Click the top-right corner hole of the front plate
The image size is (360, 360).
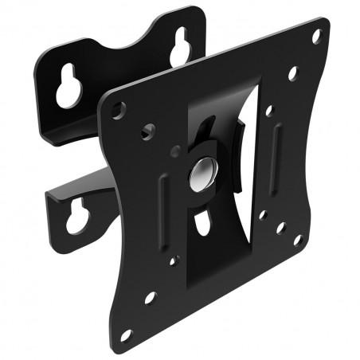click(316, 37)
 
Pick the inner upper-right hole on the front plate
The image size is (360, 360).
click(292, 73)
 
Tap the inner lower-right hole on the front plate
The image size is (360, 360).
click(280, 227)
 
